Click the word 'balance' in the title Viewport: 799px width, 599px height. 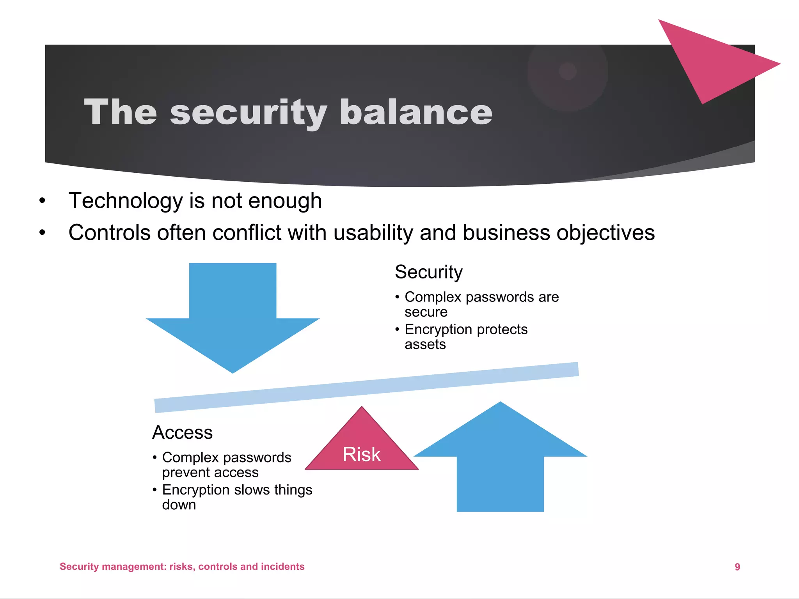416,112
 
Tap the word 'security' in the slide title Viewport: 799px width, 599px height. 248,113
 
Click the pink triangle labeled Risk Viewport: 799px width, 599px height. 362,448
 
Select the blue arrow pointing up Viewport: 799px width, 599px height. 500,460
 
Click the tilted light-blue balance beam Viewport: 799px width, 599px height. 367,387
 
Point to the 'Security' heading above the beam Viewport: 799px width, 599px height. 428,272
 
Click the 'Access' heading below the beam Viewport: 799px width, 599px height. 182,432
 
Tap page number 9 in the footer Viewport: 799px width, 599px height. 737,567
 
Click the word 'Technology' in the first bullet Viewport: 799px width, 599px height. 125,201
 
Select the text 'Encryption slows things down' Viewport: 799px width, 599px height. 236,497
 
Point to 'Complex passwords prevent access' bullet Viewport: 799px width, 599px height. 226,464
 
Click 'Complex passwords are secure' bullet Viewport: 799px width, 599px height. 481,304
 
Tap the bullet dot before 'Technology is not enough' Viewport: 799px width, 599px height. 42,201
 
